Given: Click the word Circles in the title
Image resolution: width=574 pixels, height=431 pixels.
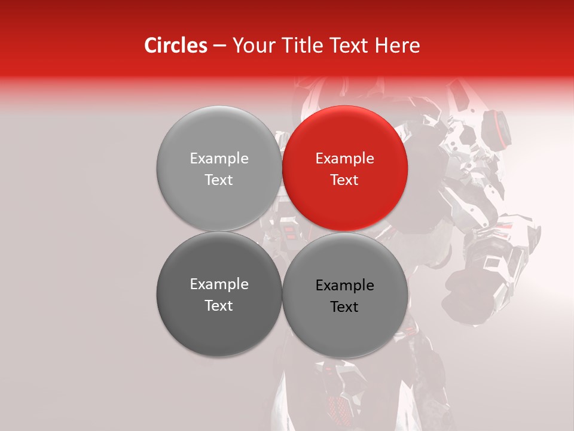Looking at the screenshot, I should click(175, 45).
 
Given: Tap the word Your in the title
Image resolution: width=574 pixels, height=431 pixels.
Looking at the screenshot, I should click(252, 45).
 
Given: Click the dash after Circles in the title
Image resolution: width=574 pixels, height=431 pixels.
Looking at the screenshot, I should click(219, 46).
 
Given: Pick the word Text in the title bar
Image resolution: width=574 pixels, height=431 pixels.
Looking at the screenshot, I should click(349, 45).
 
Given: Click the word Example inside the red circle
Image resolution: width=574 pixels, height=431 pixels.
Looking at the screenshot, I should click(345, 159).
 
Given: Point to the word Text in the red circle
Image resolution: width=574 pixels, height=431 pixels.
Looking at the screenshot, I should click(344, 180).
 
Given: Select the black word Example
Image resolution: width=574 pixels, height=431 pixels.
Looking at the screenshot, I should click(345, 286).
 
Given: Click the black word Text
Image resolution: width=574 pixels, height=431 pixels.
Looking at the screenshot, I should click(344, 307).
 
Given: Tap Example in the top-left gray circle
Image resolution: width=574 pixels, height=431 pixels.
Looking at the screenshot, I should click(219, 159).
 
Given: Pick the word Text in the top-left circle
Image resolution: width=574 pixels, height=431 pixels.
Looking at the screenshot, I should click(219, 180).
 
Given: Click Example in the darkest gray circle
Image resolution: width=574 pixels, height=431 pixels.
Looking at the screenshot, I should click(219, 284).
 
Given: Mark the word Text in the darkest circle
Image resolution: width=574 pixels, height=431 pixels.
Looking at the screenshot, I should click(219, 306).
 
